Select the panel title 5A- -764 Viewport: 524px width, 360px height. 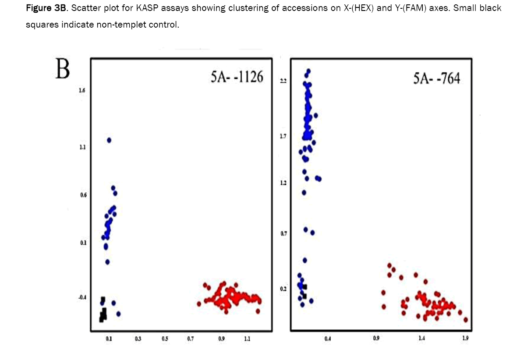437,80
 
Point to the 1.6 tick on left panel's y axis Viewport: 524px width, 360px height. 82,91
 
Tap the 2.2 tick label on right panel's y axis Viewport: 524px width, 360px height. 283,81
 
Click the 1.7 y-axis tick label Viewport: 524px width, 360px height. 283,137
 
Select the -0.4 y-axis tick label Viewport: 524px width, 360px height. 81,298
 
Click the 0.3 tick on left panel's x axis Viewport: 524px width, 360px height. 138,339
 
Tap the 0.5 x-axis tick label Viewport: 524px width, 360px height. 165,339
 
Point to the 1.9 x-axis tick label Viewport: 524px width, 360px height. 465,338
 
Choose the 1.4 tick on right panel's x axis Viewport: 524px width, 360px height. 421,338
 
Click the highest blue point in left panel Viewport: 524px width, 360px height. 109,140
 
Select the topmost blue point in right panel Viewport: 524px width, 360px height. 308,71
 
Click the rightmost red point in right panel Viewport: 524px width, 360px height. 466,320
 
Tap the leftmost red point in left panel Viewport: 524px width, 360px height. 199,304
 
